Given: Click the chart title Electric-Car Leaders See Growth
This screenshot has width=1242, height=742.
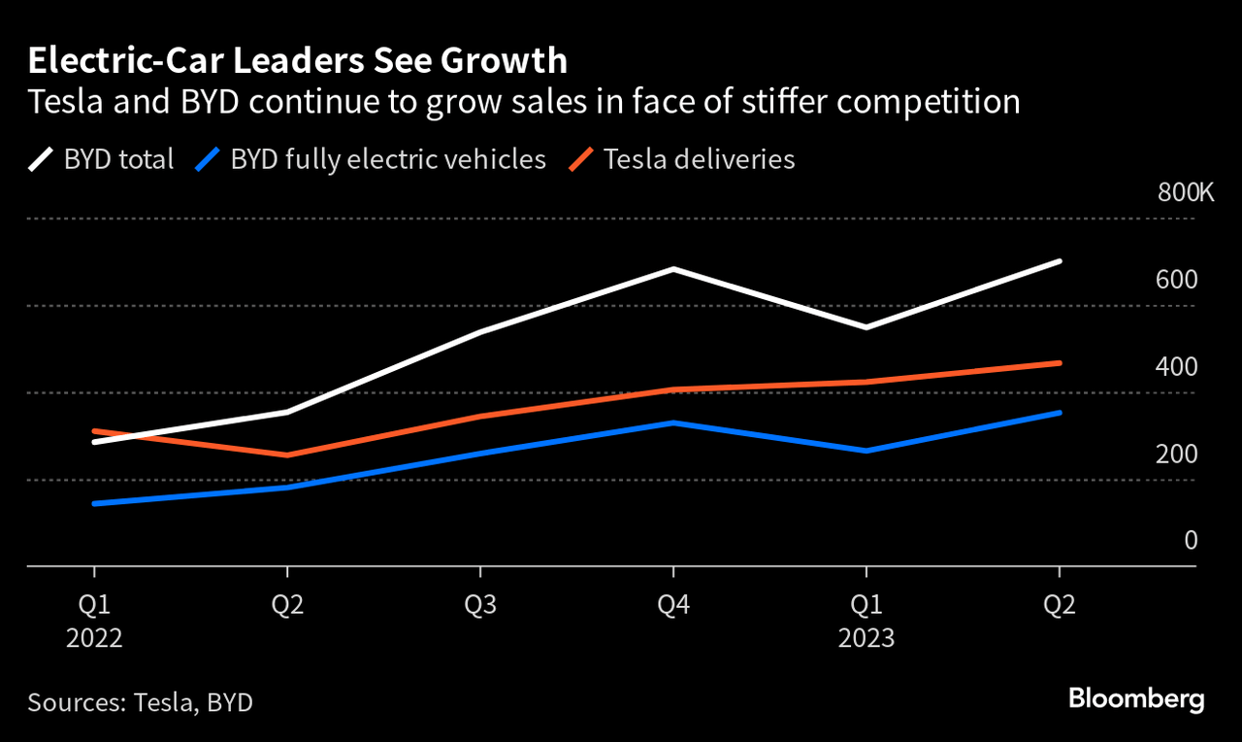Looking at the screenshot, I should [297, 60].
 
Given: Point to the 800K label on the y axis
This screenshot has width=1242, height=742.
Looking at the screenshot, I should [1185, 193].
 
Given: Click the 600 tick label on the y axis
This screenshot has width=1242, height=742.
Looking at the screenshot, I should [1177, 280].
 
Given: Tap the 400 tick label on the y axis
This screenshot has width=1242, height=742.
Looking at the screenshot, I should [1177, 367].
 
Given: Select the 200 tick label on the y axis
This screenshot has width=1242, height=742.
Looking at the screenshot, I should [1177, 454].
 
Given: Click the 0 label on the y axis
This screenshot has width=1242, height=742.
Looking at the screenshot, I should [1191, 540].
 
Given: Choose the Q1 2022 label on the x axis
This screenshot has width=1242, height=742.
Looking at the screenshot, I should [94, 622].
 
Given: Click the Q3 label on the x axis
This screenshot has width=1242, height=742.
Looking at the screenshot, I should [480, 606].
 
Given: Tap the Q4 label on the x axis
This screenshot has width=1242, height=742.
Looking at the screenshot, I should [673, 606].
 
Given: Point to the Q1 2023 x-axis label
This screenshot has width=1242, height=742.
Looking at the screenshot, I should [866, 622].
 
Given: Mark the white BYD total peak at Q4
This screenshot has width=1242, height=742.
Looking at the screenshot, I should [673, 269].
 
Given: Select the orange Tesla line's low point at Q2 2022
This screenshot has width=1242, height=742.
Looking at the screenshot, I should [287, 455].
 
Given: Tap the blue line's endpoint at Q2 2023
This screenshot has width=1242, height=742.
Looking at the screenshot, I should [1060, 413].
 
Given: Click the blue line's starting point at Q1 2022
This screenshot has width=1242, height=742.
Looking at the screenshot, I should [94, 503].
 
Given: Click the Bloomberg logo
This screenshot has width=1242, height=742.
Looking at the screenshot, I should [1135, 698].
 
